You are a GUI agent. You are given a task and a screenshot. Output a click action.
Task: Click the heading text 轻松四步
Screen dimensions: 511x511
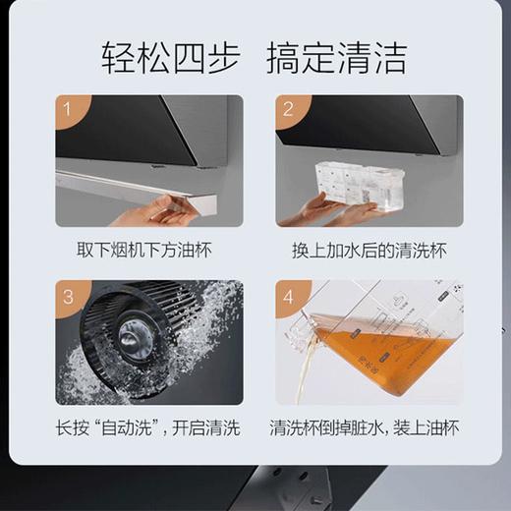[x=170, y=58]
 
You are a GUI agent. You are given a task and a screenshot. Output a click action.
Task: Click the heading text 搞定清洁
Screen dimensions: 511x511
[x=336, y=58]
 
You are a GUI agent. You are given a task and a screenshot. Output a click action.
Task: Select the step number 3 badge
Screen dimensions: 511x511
[x=69, y=296]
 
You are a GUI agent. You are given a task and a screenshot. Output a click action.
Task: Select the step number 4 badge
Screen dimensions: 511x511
[x=288, y=296]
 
